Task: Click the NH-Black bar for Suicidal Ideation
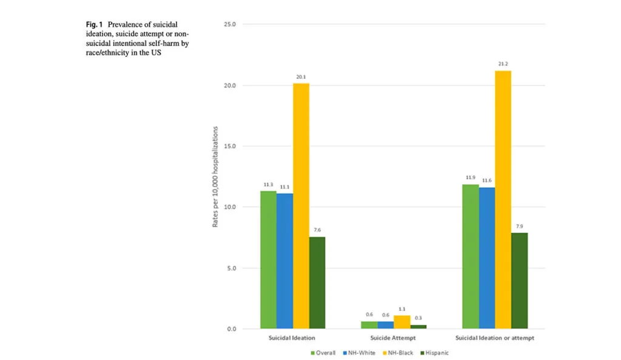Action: tap(301, 206)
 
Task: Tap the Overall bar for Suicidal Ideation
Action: tap(268, 260)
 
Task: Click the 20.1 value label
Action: tap(301, 76)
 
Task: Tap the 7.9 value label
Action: tap(519, 225)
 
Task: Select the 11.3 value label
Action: tap(268, 184)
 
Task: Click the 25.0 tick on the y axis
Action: tap(230, 25)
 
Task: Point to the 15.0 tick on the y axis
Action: tap(230, 146)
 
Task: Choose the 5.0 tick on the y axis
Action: tap(232, 268)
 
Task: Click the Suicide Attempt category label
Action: tap(394, 338)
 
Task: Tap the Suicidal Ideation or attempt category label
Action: tap(495, 338)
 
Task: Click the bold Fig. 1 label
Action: tap(95, 25)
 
